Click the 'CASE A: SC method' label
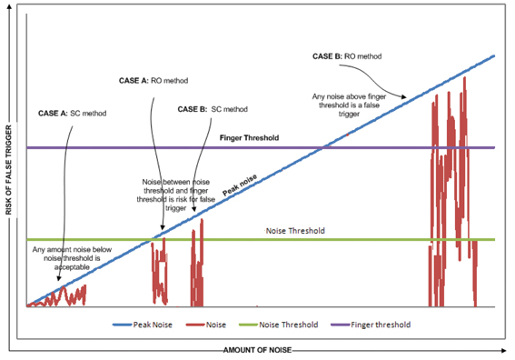coord(72,114)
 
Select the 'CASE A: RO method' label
coord(154,80)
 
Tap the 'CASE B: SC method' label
coord(213,109)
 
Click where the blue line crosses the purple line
coord(322,147)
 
